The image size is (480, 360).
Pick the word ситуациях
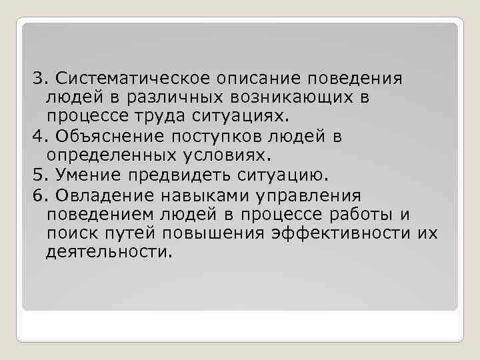(x=255, y=117)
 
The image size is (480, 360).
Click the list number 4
(x=37, y=137)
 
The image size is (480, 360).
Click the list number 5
(x=37, y=175)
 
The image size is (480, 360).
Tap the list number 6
(x=37, y=195)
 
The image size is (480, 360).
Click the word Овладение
(x=104, y=195)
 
